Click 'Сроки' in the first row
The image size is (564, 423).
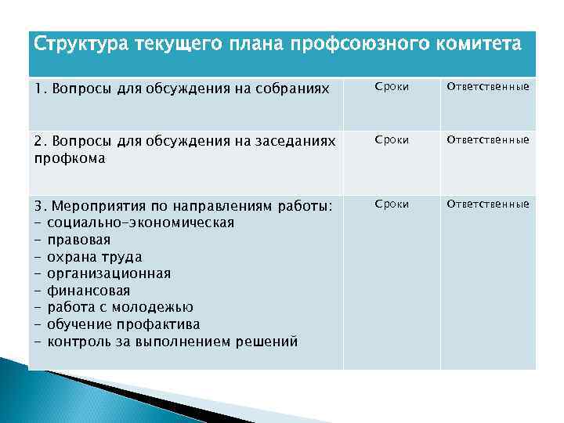click(x=392, y=86)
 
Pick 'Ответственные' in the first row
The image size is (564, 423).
click(x=488, y=86)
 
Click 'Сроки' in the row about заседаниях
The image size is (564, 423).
click(x=392, y=139)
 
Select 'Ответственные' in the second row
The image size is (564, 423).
click(x=488, y=139)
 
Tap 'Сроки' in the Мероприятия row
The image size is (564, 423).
click(x=392, y=204)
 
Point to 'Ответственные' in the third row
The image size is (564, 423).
click(x=488, y=204)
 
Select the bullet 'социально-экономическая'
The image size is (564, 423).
click(x=140, y=222)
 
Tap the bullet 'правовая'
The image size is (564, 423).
click(x=78, y=240)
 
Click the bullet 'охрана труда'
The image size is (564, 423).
click(x=94, y=257)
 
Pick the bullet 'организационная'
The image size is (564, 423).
click(x=109, y=273)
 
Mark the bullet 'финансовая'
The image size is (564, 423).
click(x=89, y=291)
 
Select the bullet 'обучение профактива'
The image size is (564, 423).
click(x=123, y=324)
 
